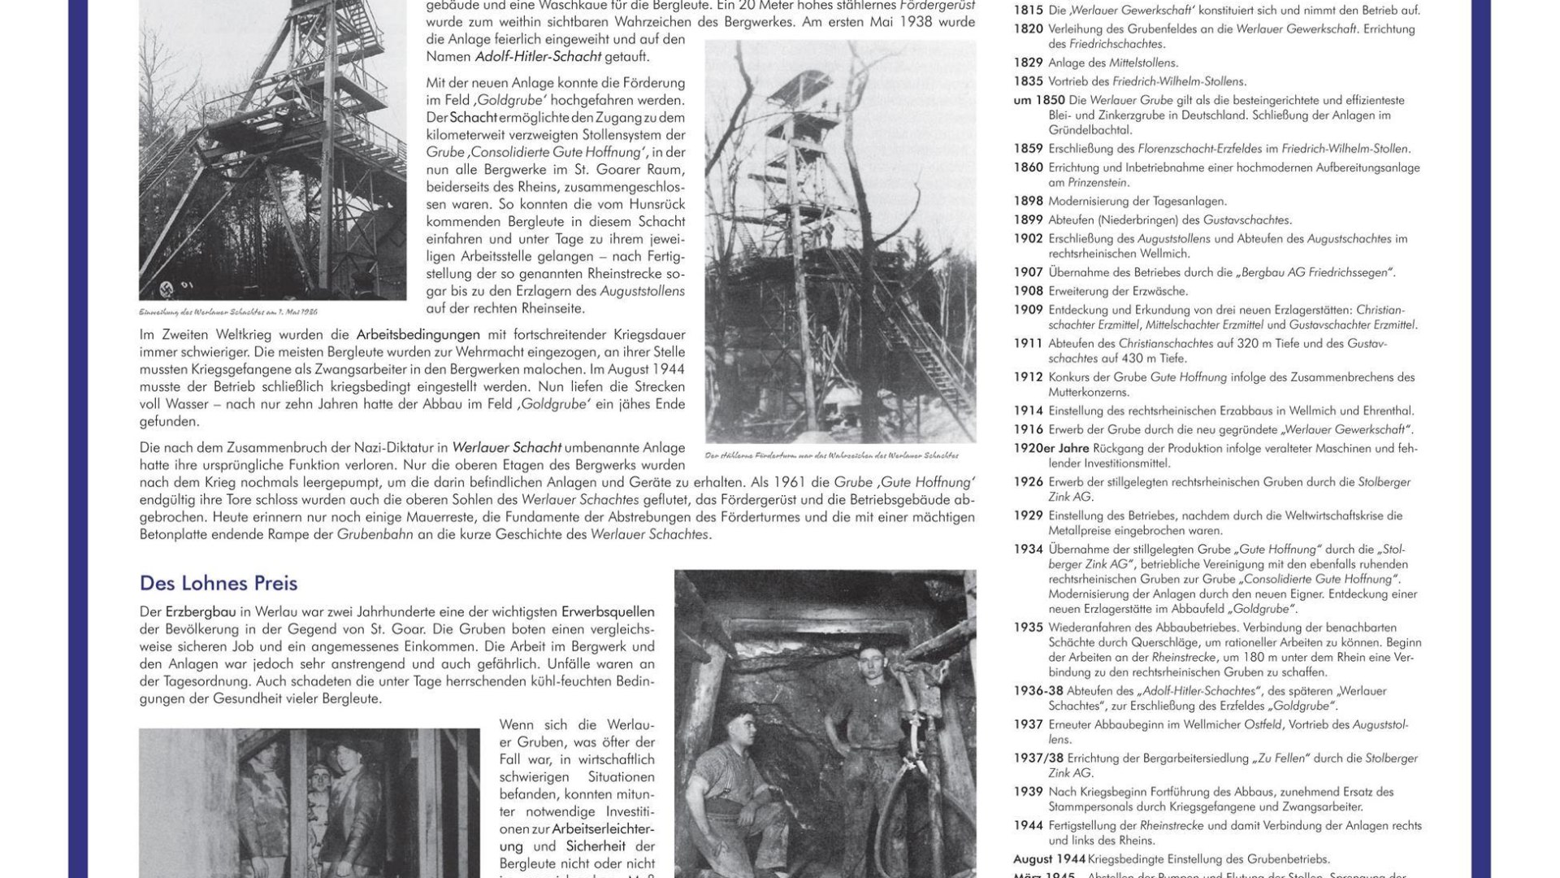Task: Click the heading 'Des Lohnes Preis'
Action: pos(219,583)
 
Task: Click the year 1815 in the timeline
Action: pos(1028,11)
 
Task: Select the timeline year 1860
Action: pos(1028,167)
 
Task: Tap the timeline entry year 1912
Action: pos(1028,377)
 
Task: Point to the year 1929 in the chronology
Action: pos(1028,515)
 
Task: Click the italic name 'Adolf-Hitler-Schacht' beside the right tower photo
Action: pos(538,57)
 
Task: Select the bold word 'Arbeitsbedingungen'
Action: pos(418,335)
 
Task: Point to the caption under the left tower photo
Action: pos(228,311)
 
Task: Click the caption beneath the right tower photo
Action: pos(831,455)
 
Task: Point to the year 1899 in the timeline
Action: pos(1028,219)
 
